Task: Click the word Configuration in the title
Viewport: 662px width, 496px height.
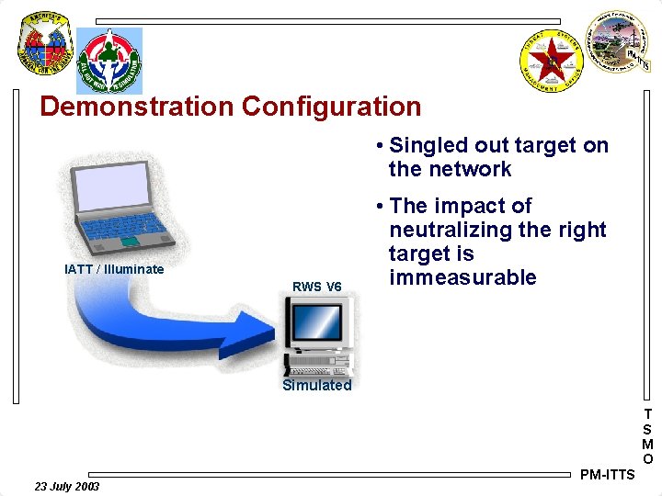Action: coord(331,107)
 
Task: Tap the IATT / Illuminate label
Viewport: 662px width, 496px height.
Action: coord(115,269)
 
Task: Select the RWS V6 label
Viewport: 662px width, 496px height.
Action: coord(316,287)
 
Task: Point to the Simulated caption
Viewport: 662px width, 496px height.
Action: coord(316,386)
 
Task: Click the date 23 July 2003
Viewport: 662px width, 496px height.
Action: coord(67,486)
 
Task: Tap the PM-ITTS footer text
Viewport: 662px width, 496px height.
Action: coord(607,475)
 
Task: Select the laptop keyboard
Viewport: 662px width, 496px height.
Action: coord(129,226)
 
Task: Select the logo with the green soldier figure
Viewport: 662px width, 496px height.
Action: coord(109,60)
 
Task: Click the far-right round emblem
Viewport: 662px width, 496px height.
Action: coord(619,43)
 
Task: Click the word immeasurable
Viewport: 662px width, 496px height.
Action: coord(462,277)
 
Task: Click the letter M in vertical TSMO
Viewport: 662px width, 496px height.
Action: coord(647,445)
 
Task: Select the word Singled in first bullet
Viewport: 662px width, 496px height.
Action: coord(428,145)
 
